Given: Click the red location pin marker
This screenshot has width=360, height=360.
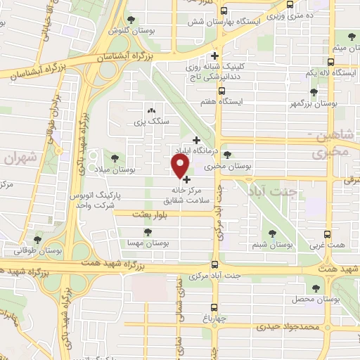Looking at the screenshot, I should [x=180, y=166].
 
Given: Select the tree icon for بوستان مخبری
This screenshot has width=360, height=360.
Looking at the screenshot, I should [x=226, y=155].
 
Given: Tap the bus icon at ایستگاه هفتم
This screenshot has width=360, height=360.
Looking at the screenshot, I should [x=221, y=90].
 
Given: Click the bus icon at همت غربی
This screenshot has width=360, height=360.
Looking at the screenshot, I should [x=326, y=234].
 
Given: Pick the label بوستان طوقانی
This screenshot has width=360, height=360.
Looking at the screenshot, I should [x=39, y=250].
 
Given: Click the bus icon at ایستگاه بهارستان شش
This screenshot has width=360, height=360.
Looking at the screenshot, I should [x=223, y=12].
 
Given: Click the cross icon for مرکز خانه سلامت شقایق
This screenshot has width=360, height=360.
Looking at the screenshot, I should [x=186, y=180].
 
